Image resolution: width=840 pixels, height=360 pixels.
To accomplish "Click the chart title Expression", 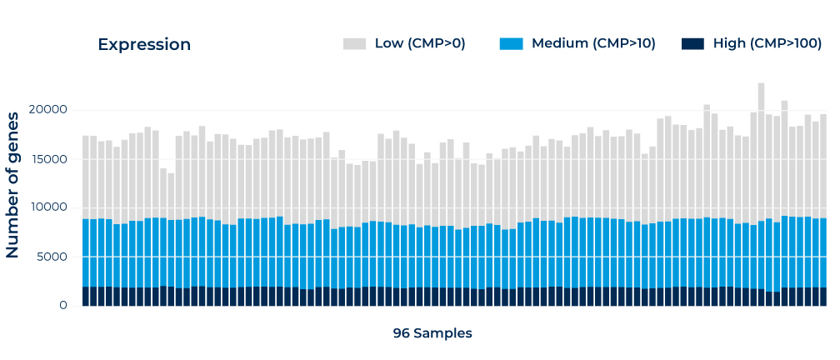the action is coord(144,45).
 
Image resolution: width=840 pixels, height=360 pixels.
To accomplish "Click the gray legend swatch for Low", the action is coord(355,44).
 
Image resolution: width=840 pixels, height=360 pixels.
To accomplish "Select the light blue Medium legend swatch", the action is coord(511,44).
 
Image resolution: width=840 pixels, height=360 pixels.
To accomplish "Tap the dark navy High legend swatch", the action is coord(692,44).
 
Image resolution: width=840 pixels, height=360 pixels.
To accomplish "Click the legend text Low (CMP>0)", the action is coord(420,44).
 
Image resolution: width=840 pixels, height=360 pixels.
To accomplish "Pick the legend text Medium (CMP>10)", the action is coord(593,44).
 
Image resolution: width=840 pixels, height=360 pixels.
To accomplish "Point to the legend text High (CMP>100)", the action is coord(767,44).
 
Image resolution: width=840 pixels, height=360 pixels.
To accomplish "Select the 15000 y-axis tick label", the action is coord(52,159).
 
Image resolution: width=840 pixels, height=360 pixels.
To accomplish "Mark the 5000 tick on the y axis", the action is coord(55,257).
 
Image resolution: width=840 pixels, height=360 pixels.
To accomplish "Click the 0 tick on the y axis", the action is coord(63,305).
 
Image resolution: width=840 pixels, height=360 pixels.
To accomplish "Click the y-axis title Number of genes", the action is coord(12,185).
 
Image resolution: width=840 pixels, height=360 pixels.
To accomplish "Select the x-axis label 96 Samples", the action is coord(432,333).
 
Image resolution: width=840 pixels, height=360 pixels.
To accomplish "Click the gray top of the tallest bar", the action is coord(762,84).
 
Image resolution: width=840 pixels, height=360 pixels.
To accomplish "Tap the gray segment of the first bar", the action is coord(86,177).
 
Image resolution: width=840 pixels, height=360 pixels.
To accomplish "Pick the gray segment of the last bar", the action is coord(823,166).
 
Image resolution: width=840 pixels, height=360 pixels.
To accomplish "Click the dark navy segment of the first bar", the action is coord(86,297).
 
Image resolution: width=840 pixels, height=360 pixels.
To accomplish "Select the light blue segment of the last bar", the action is coord(823,252).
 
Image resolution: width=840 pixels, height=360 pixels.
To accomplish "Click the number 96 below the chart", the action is coord(402,333).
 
